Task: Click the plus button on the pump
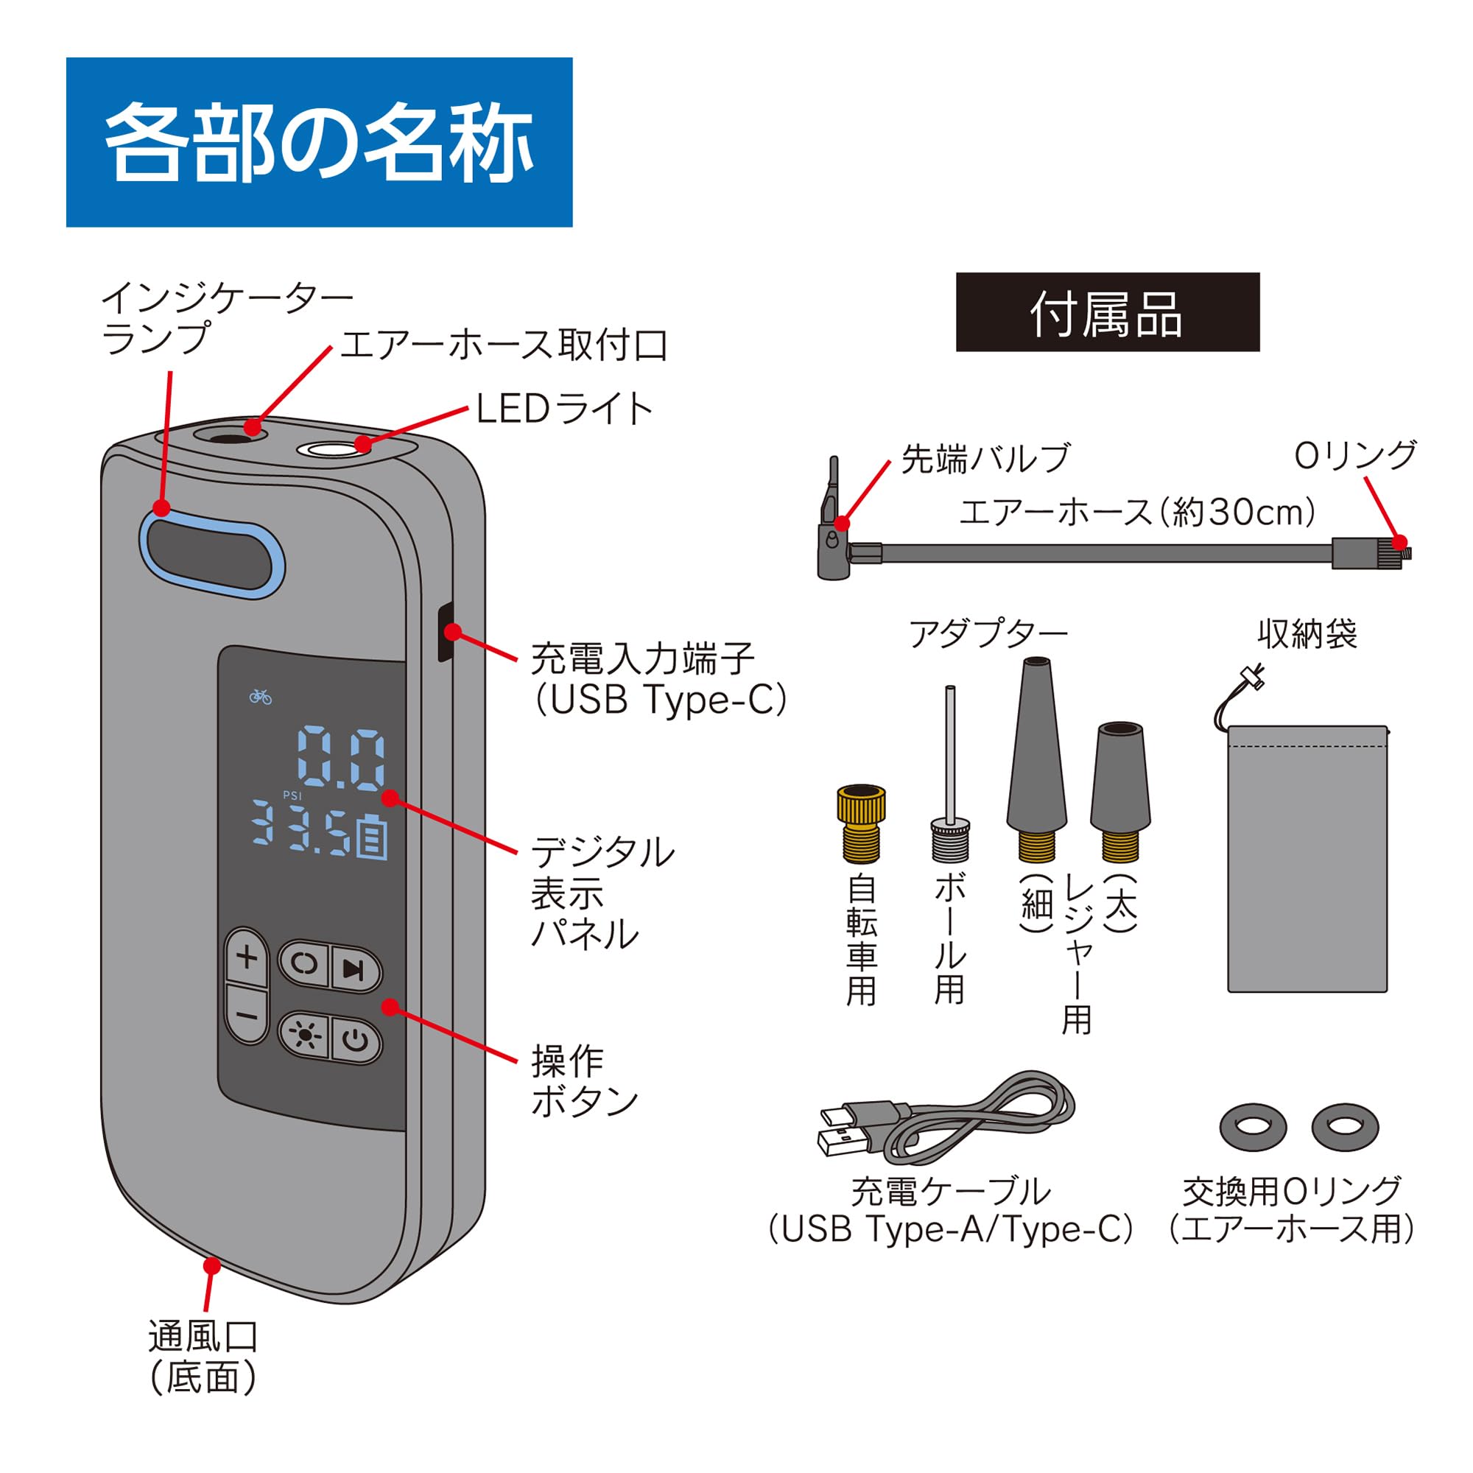click(x=246, y=958)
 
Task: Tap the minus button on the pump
click(x=246, y=1016)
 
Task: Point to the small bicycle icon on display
click(x=260, y=696)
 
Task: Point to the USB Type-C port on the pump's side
click(x=445, y=632)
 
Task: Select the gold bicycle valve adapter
click(x=862, y=823)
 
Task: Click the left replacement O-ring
click(x=1253, y=1127)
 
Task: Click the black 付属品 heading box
click(x=1107, y=312)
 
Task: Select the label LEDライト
click(x=564, y=409)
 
